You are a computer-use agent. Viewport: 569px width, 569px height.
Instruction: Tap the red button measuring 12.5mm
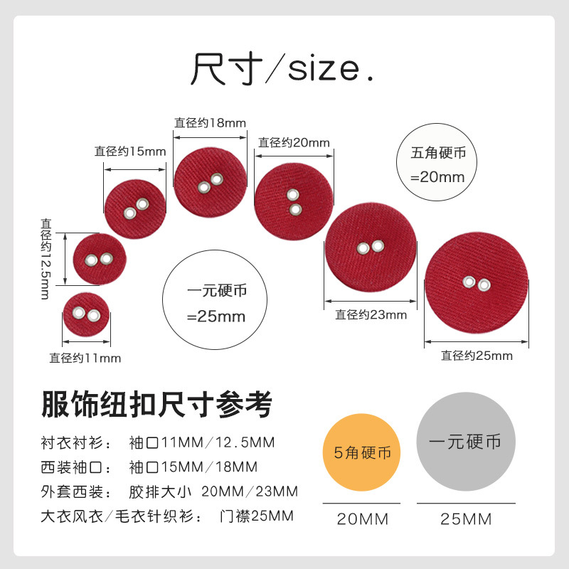[98, 260]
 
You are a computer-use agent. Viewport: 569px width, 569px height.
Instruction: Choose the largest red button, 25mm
[476, 283]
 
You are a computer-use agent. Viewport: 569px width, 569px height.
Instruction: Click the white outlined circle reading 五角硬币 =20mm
[437, 165]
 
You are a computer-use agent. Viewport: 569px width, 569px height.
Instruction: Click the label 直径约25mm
[476, 356]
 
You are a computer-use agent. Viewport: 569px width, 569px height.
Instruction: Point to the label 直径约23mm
[371, 314]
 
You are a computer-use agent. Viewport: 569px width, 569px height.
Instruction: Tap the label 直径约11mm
[85, 358]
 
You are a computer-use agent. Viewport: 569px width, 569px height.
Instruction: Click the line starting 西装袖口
[149, 467]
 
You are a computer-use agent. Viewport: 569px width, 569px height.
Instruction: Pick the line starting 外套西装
[170, 491]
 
